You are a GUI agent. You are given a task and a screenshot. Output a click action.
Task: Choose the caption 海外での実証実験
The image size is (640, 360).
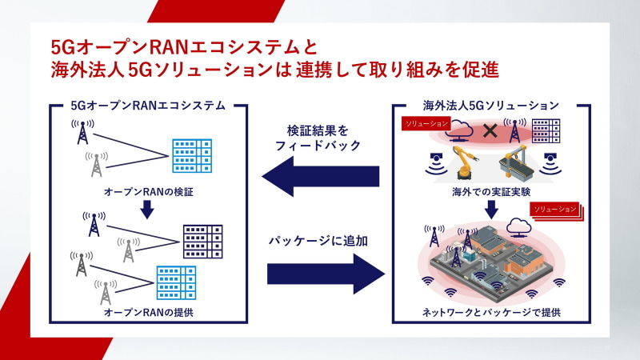tap(491, 193)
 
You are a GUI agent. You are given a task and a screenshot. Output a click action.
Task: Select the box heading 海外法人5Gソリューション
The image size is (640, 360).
tap(491, 105)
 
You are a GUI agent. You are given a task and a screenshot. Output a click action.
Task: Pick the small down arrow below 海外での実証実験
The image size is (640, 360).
tap(491, 209)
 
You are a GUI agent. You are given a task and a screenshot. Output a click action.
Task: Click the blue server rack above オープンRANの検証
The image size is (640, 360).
tap(191, 155)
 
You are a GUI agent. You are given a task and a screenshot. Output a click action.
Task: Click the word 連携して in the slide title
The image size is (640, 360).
tap(329, 70)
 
